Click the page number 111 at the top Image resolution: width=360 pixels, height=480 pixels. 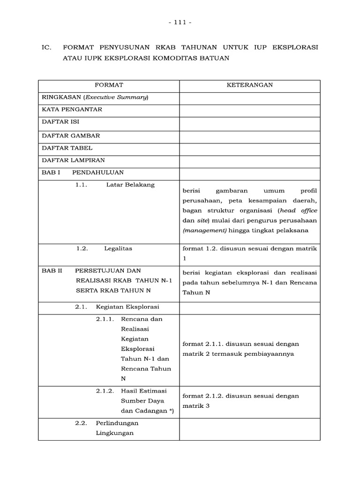click(x=180, y=22)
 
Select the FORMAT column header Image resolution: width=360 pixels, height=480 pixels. click(x=109, y=85)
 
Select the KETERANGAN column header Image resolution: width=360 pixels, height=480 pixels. click(x=250, y=85)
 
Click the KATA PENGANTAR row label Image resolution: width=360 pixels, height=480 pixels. click(x=72, y=110)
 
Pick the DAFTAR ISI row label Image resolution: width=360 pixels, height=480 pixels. click(x=60, y=122)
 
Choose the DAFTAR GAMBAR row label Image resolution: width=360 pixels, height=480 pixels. click(x=71, y=135)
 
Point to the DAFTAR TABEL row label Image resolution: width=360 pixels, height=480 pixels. click(x=67, y=148)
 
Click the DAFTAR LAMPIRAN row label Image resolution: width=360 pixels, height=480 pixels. click(x=74, y=161)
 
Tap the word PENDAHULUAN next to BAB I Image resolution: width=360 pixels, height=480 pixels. click(x=98, y=172)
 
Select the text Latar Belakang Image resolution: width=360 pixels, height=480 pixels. click(x=130, y=185)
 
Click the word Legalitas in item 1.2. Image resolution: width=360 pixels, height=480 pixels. click(x=118, y=248)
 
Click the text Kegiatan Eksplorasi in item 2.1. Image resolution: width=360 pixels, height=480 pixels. click(x=127, y=307)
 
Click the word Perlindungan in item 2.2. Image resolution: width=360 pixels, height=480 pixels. click(x=117, y=423)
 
